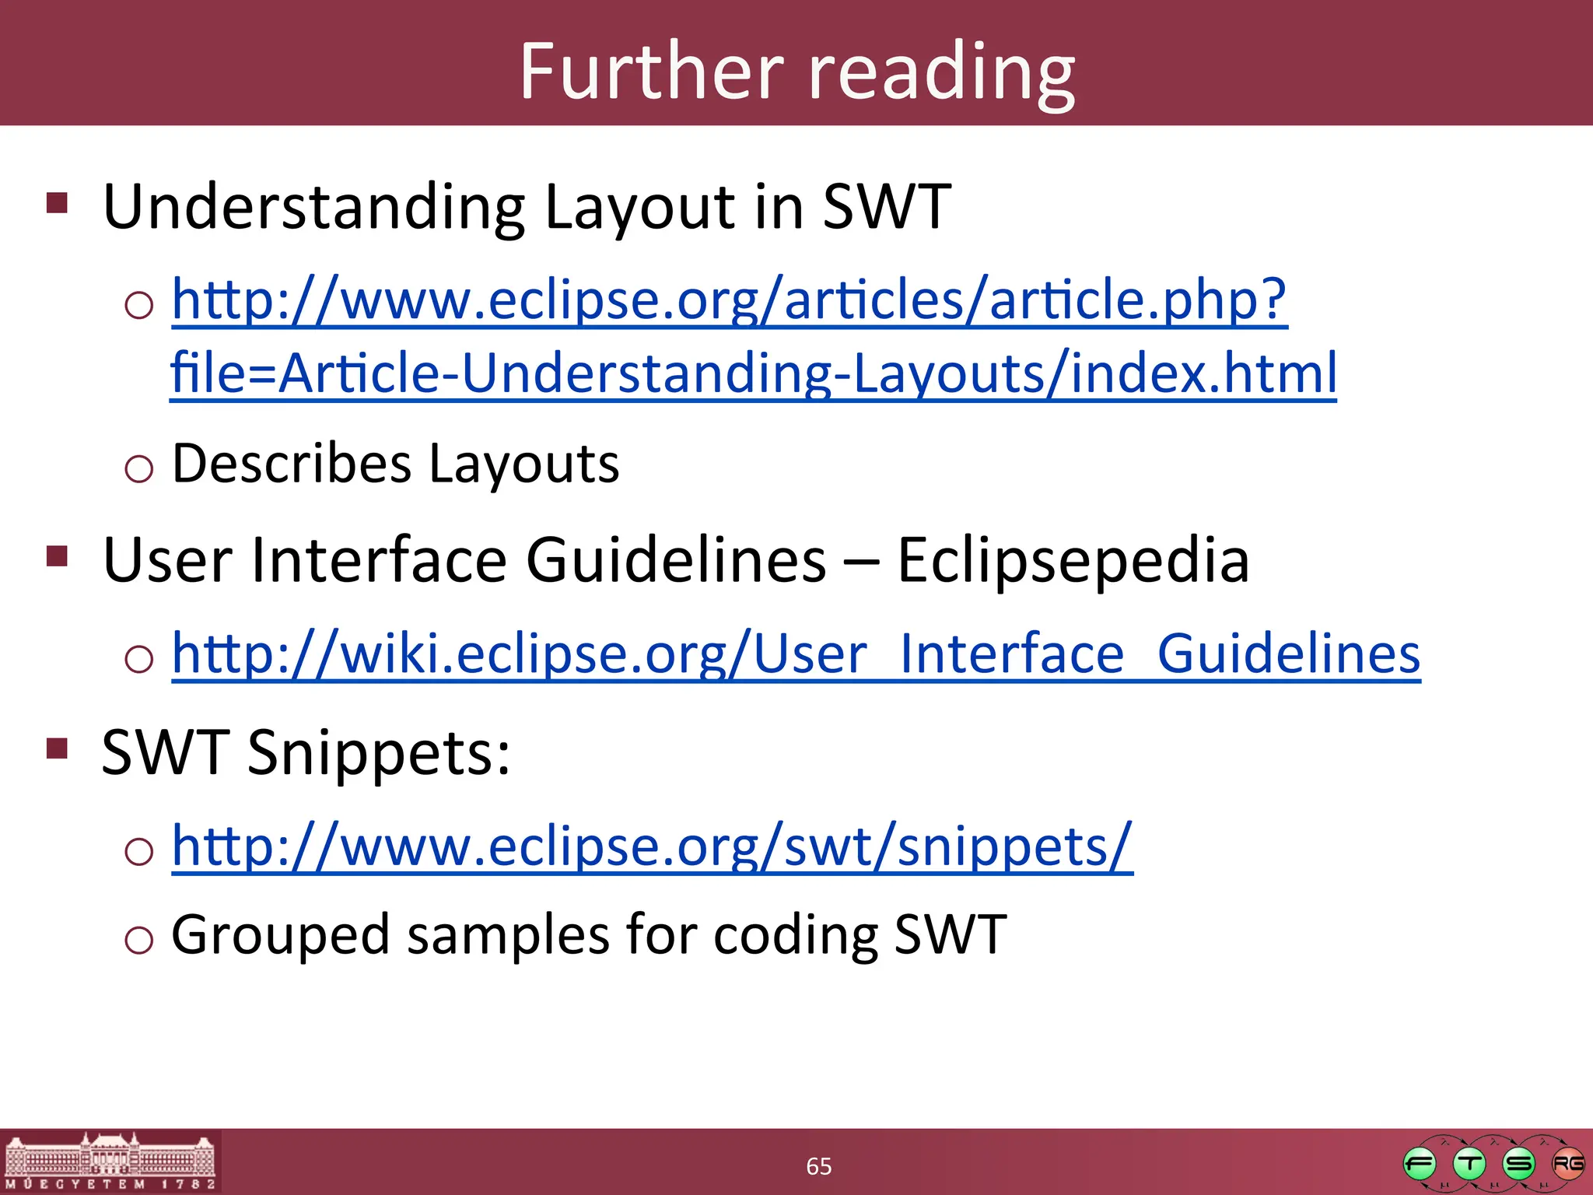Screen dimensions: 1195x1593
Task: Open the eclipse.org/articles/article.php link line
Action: pos(729,301)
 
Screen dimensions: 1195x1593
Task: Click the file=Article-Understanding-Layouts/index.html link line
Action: pos(753,373)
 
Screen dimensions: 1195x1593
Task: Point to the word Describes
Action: pos(291,464)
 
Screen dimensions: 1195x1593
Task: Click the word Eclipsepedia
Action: pos(1073,560)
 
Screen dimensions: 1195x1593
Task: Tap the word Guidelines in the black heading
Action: pos(676,560)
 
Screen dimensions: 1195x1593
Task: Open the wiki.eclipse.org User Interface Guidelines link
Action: pos(796,654)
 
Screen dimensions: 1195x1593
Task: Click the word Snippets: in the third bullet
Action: pos(379,753)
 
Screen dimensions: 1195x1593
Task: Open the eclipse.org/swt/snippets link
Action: pos(652,846)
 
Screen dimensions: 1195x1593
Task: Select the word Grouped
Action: pos(280,935)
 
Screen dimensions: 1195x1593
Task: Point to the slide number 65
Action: pos(818,1166)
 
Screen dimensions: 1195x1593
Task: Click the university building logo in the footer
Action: pos(110,1162)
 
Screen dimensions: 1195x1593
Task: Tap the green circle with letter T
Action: pos(1469,1164)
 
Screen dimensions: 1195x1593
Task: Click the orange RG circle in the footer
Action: pos(1567,1164)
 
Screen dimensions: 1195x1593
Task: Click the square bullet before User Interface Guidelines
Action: pos(58,555)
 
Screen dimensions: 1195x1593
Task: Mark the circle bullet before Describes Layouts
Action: pos(139,468)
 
